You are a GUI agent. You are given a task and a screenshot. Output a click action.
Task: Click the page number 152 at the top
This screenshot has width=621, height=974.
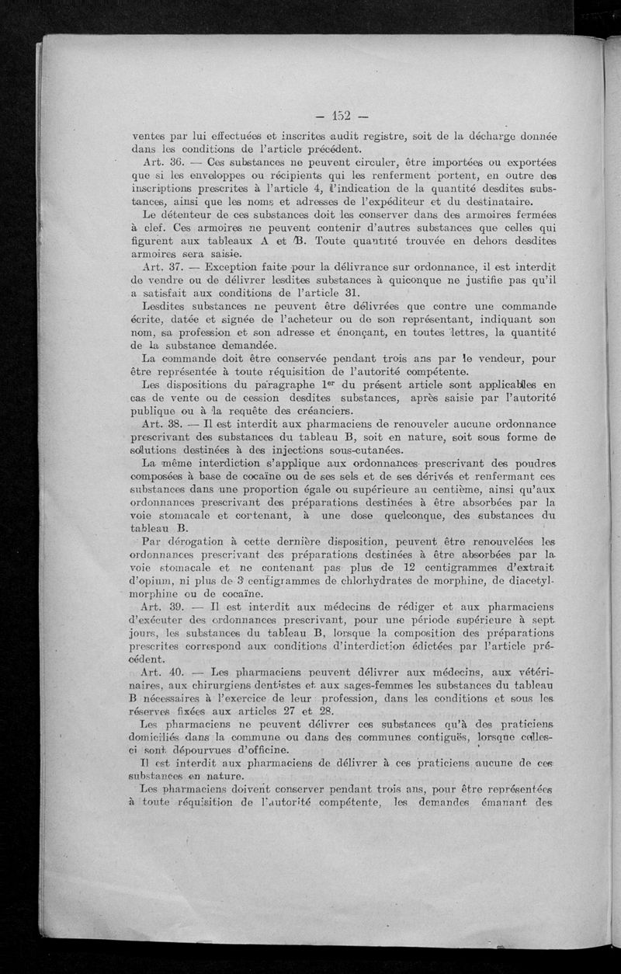click(x=341, y=117)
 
